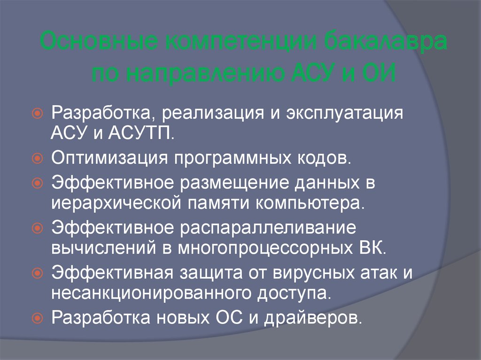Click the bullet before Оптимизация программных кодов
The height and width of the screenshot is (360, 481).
tap(38, 158)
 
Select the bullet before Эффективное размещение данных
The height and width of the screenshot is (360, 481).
tap(38, 184)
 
